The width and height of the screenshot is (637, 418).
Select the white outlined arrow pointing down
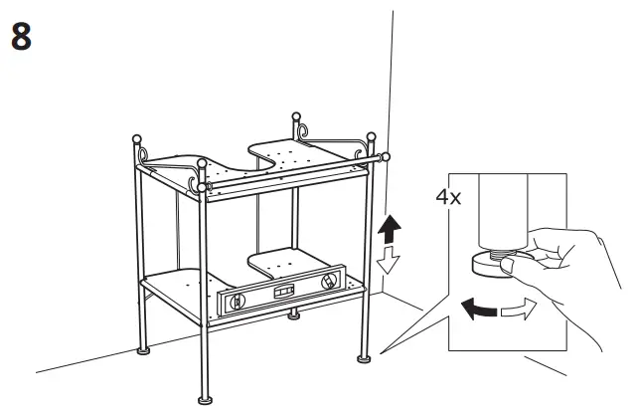(391, 262)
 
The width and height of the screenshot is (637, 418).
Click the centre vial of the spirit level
(283, 292)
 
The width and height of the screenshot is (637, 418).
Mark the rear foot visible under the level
(293, 317)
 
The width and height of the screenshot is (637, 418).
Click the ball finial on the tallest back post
(295, 118)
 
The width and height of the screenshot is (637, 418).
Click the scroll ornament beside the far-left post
(145, 154)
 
